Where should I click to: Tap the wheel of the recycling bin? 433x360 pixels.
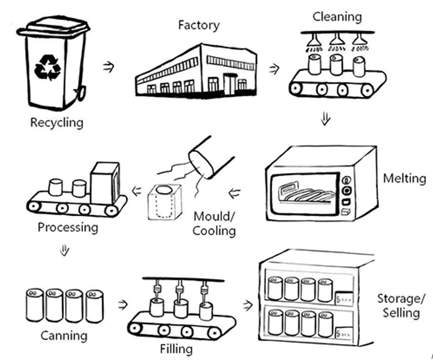point(80,93)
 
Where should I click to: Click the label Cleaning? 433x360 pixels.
point(337,17)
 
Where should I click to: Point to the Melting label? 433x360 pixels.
point(404,179)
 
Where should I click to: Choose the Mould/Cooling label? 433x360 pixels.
point(214,224)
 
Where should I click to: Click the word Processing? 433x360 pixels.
point(68,228)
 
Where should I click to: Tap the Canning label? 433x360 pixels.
point(63,336)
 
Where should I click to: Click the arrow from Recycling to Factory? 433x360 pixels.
point(109,67)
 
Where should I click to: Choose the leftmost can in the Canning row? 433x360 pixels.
point(35,305)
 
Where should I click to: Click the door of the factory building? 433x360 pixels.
point(230,84)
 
